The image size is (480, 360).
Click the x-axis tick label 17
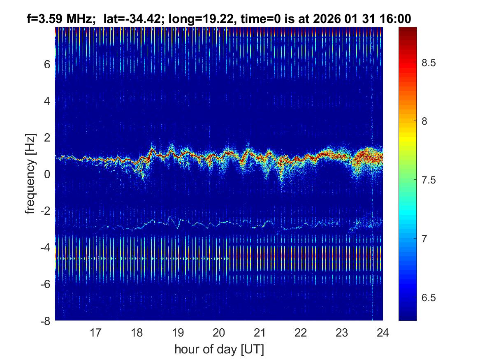pyautogui.click(x=96, y=332)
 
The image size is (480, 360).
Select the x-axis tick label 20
pyautogui.click(x=219, y=332)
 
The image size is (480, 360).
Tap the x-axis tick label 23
pyautogui.click(x=342, y=332)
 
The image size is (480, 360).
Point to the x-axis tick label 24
pyautogui.click(x=383, y=332)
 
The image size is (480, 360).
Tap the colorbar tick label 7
pyautogui.click(x=426, y=239)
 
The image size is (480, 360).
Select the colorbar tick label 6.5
pyautogui.click(x=430, y=297)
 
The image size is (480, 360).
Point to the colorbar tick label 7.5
pyautogui.click(x=430, y=180)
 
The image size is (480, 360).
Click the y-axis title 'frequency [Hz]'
pyautogui.click(x=30, y=174)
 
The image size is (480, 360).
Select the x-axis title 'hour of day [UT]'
pyautogui.click(x=219, y=349)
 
